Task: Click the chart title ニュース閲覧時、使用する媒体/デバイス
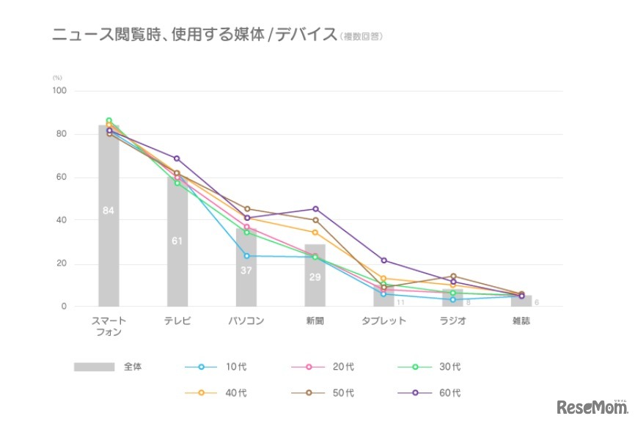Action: pos(194,34)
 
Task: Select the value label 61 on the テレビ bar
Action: pos(177,241)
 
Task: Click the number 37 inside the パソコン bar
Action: pos(246,270)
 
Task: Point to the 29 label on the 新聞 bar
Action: pos(315,278)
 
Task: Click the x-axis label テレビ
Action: pos(177,321)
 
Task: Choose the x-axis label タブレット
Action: pos(384,321)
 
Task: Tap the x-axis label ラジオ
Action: pos(452,321)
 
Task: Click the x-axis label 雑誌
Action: pos(521,321)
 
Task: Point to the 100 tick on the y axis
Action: pos(59,91)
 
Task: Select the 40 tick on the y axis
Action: pos(61,220)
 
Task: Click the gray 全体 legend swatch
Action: pos(94,367)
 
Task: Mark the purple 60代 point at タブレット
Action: pos(384,260)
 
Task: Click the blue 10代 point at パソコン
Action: pos(246,256)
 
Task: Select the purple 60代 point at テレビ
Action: pos(177,158)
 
